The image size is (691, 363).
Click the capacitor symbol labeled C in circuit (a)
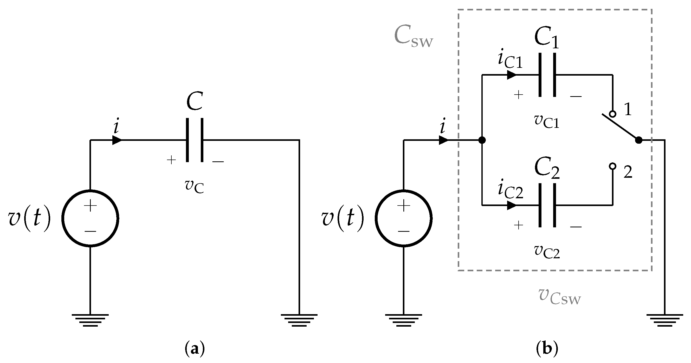195,140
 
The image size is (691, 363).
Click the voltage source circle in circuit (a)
91,218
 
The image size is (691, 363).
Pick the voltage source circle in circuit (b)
403,218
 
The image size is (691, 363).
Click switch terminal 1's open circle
612,114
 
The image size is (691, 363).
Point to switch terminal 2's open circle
612,166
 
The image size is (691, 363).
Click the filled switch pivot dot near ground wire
639,140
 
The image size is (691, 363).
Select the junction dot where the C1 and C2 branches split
482,140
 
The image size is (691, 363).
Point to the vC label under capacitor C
195,186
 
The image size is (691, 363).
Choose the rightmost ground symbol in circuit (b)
665,320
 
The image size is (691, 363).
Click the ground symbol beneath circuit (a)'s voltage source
91,320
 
